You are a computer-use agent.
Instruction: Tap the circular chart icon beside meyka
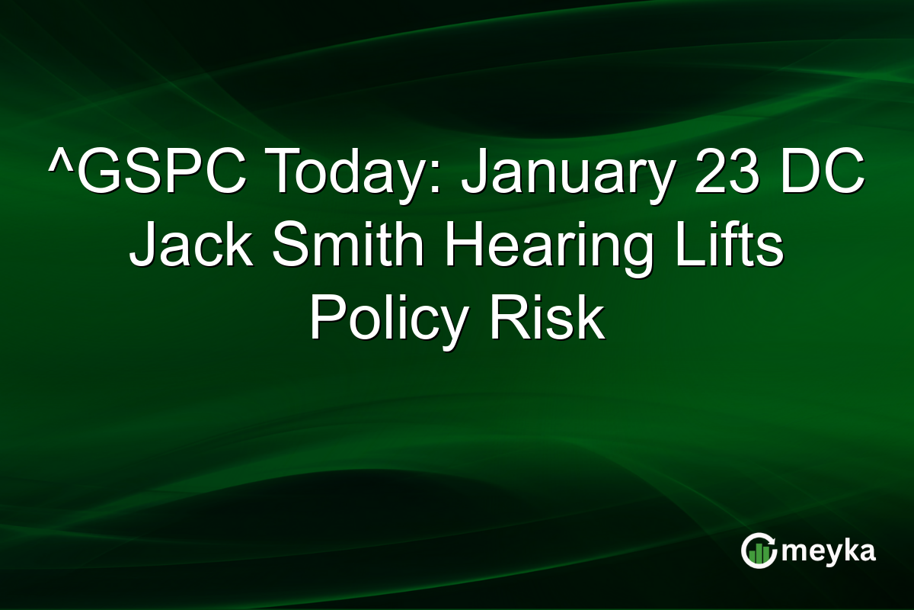tap(759, 551)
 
